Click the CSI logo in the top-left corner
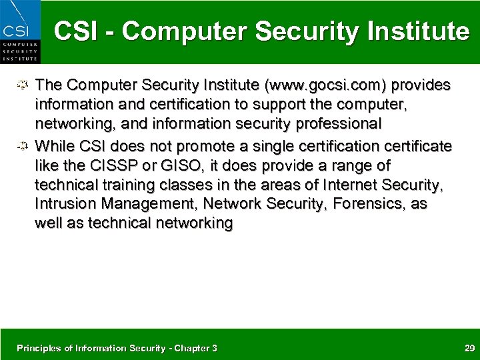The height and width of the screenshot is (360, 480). pos(20,32)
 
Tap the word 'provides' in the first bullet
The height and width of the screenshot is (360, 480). pos(421,85)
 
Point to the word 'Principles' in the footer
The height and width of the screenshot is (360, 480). pos(37,348)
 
